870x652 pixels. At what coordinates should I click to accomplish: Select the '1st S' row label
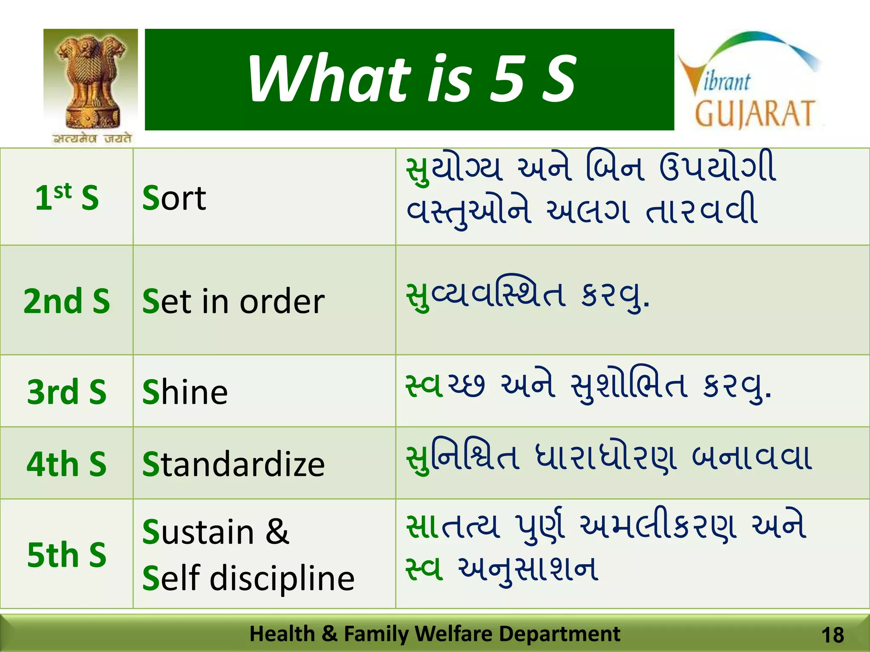67,197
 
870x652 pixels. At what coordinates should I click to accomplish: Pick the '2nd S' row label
67,301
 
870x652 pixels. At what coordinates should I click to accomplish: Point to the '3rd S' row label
67,391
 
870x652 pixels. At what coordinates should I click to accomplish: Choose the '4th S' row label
67,464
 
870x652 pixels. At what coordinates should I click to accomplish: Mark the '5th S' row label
67,554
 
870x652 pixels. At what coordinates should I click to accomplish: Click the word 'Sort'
174,198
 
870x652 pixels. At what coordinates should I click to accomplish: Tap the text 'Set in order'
233,301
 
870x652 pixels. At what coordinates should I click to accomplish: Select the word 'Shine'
185,392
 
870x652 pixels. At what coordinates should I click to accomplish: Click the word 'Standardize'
233,464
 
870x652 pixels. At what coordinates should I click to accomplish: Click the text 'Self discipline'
248,578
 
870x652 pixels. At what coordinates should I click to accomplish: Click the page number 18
833,635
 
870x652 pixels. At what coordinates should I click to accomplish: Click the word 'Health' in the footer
282,634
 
